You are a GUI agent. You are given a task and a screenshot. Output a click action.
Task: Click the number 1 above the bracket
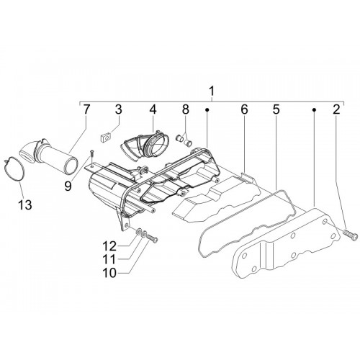pos(212,91)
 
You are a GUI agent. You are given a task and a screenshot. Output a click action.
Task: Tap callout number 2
pos(336,109)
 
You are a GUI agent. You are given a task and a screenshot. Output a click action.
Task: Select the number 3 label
pos(119,109)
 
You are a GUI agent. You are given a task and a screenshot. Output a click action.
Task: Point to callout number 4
pos(153,109)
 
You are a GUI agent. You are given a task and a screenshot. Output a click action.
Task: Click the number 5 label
pos(276,109)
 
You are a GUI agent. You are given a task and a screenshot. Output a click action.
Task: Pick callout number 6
pos(244,109)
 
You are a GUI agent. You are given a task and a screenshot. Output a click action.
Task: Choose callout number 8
pos(185,109)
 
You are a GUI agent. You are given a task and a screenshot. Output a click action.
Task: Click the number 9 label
pos(68,186)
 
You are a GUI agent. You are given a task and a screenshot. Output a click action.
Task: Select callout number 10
pos(109,273)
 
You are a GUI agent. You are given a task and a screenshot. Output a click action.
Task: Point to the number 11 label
pos(109,259)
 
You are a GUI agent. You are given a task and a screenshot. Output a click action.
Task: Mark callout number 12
pos(109,246)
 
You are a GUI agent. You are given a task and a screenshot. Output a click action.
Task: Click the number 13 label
pos(25,205)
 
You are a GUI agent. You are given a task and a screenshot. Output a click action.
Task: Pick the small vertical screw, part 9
pos(92,158)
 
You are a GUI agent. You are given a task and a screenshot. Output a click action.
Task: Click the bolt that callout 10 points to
pos(152,238)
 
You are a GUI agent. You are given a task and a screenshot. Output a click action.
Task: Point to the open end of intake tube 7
pos(71,164)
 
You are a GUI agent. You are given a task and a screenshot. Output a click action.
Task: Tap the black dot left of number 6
pos(207,109)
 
